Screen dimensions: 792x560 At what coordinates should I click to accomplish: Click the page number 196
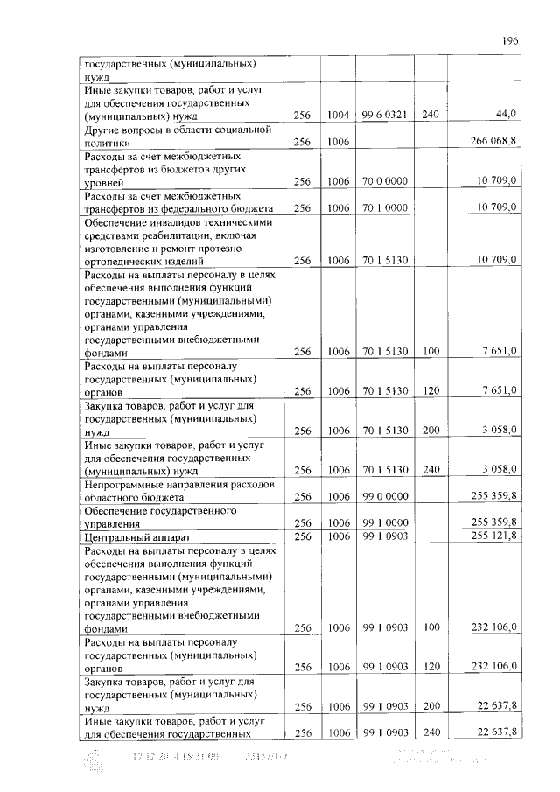[x=511, y=39]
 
